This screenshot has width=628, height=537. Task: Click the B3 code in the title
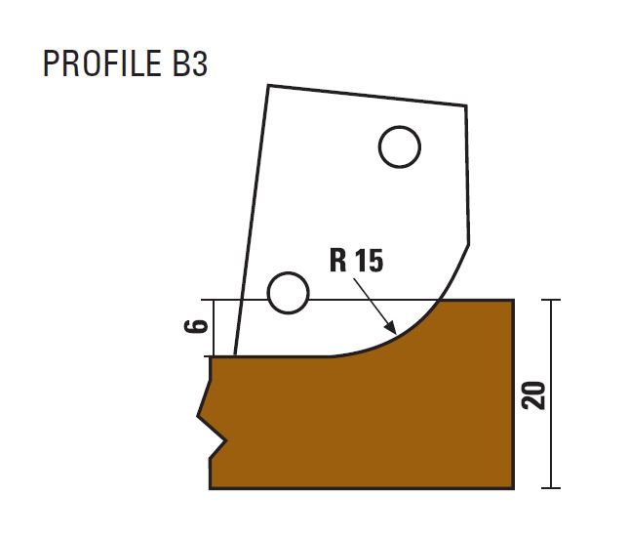(x=190, y=62)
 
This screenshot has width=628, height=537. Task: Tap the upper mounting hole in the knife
(x=399, y=146)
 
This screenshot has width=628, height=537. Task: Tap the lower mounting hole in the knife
(x=288, y=293)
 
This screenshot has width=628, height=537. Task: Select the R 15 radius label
(x=356, y=261)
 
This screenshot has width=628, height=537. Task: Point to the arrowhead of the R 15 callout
(x=391, y=328)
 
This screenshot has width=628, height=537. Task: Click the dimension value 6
(x=196, y=326)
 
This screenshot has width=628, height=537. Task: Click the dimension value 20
(x=533, y=395)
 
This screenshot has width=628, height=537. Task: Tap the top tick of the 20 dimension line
(x=551, y=300)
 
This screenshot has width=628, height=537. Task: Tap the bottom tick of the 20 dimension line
(x=551, y=488)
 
